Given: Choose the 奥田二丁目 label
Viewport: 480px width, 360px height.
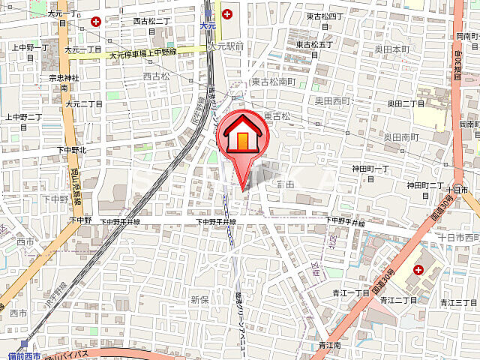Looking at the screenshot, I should click(406, 103).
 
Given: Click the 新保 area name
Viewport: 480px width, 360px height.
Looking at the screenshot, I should click(199, 298).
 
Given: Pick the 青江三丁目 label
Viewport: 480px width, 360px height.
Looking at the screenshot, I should click(459, 301).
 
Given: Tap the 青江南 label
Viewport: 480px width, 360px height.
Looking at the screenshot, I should click(330, 345).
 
